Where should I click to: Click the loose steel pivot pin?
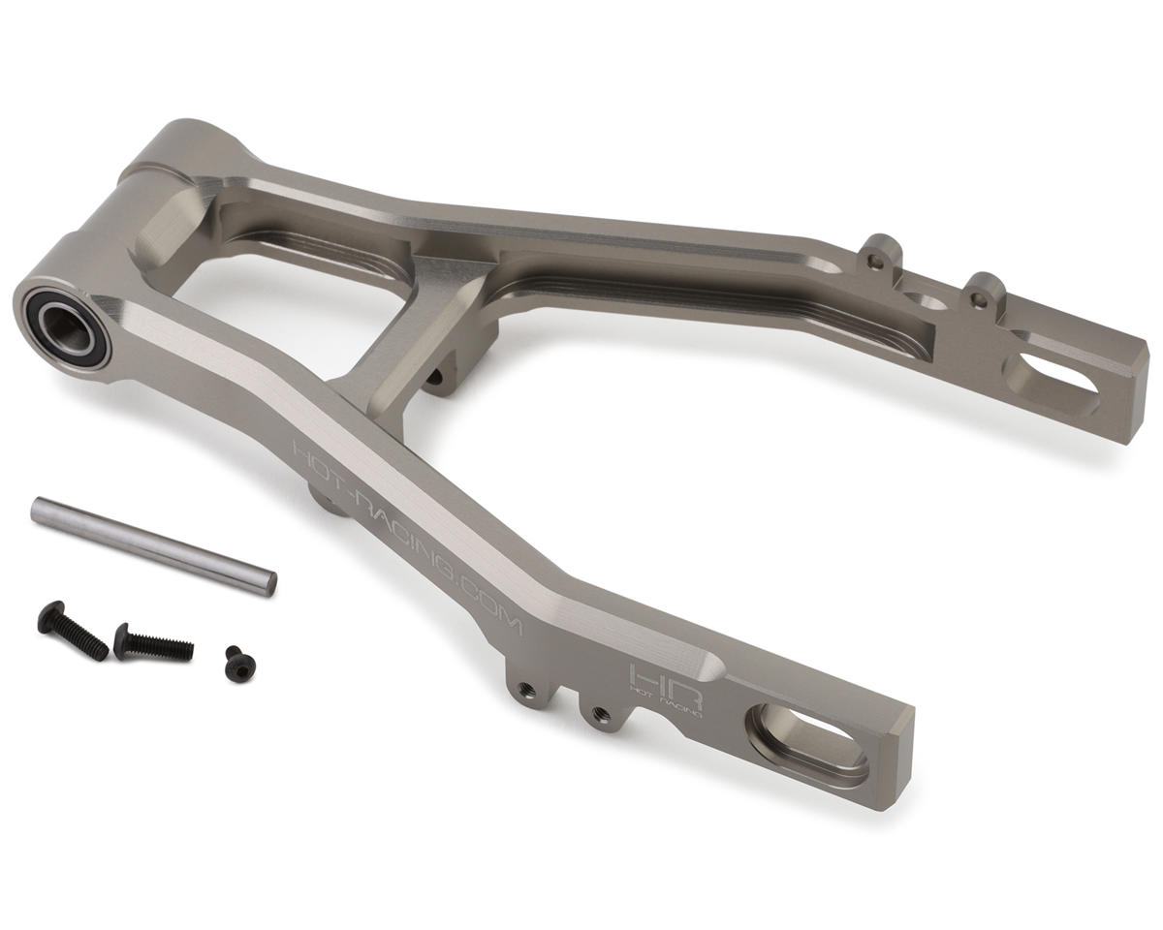153,543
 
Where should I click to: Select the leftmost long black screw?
69,628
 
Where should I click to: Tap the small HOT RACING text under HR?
665,705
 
